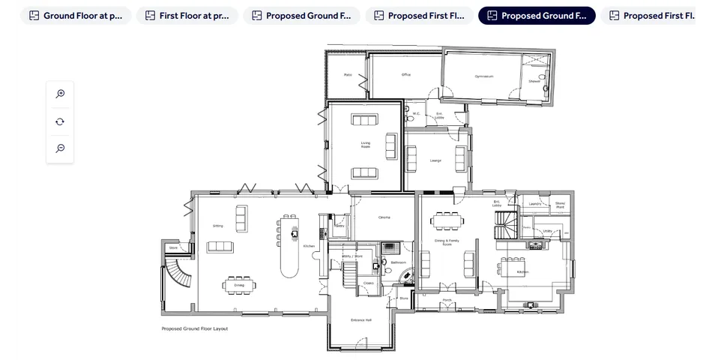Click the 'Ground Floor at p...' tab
[x=76, y=16]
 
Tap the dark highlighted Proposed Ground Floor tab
[x=537, y=16]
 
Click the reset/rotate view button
[x=60, y=121]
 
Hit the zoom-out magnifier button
[x=60, y=148]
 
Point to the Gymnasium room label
[x=483, y=76]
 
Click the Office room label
[x=405, y=75]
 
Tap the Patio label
[x=348, y=75]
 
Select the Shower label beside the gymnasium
[x=534, y=81]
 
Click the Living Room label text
[x=365, y=145]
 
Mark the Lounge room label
[x=435, y=160]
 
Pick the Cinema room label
[x=384, y=217]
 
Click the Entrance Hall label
[x=360, y=320]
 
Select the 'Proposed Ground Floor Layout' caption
[x=195, y=328]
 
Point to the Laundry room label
[x=534, y=204]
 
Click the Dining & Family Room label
[x=446, y=242]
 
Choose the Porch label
[x=447, y=301]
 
